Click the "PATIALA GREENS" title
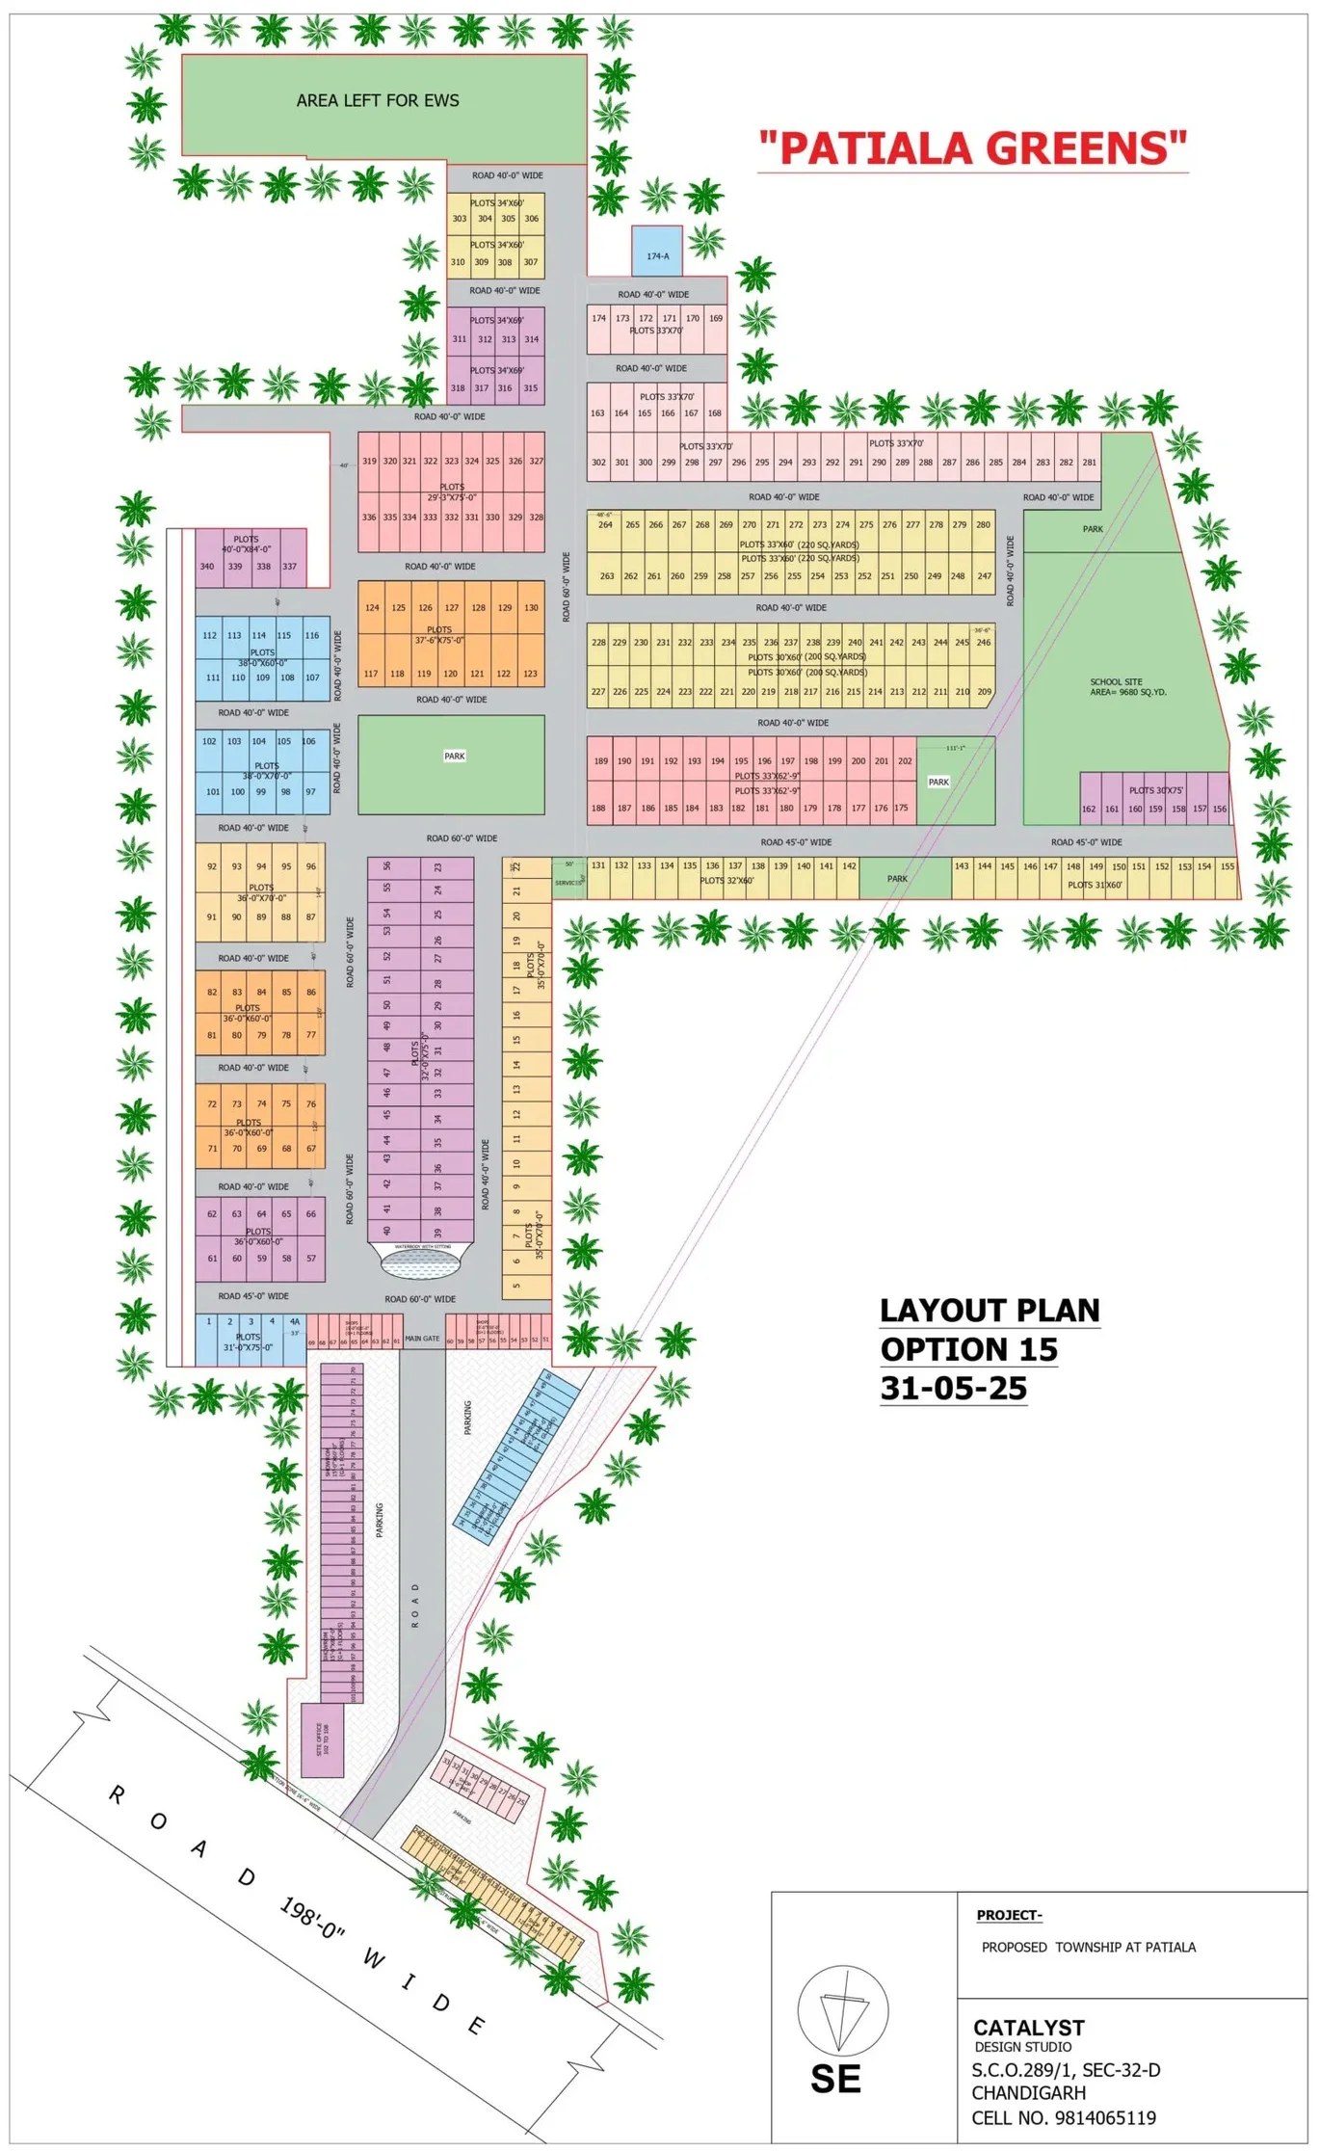tap(972, 148)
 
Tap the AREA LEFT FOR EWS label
tap(378, 100)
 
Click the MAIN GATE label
tap(422, 1339)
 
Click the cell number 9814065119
tap(1064, 2117)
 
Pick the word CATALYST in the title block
tap(1028, 2027)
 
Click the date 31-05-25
tap(953, 1388)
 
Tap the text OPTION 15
tap(968, 1349)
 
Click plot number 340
tap(207, 567)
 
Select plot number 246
tap(983, 642)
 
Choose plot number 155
tap(1227, 866)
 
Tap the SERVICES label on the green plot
tap(568, 882)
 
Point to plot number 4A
tap(295, 1321)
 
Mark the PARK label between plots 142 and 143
tap(897, 879)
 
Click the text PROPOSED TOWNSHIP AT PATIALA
tap(1088, 1947)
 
